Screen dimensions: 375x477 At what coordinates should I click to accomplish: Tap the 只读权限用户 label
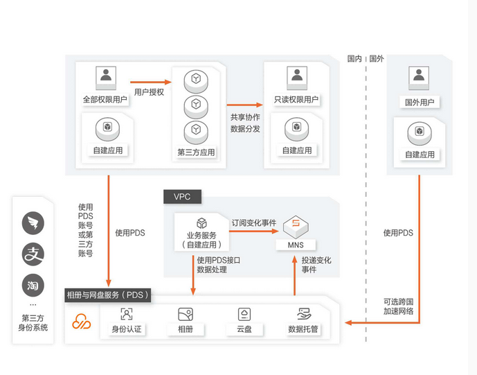[x=296, y=100]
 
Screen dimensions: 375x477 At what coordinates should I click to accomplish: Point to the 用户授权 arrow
[x=150, y=81]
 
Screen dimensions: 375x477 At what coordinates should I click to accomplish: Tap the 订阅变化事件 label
[x=253, y=223]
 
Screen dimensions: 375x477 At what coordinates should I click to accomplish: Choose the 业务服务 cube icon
[x=202, y=223]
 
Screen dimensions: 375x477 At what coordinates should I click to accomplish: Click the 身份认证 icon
[x=126, y=314]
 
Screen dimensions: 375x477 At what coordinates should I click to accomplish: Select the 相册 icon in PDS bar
[x=185, y=314]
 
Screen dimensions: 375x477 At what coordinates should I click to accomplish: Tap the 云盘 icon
[x=244, y=314]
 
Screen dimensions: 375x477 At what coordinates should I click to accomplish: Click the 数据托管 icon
[x=303, y=314]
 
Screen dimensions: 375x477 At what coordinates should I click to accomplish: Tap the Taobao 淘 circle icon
[x=33, y=284]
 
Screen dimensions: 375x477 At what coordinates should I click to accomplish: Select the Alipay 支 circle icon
[x=33, y=254]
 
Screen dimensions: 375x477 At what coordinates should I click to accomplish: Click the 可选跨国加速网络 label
[x=398, y=307]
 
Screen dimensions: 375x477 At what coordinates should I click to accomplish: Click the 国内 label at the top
[x=354, y=59]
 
